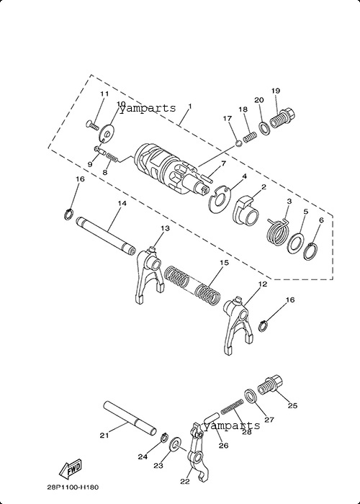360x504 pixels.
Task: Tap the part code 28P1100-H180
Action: [73, 487]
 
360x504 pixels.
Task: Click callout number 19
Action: [276, 91]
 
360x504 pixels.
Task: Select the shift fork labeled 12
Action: [237, 325]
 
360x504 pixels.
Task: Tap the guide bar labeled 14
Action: [106, 235]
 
